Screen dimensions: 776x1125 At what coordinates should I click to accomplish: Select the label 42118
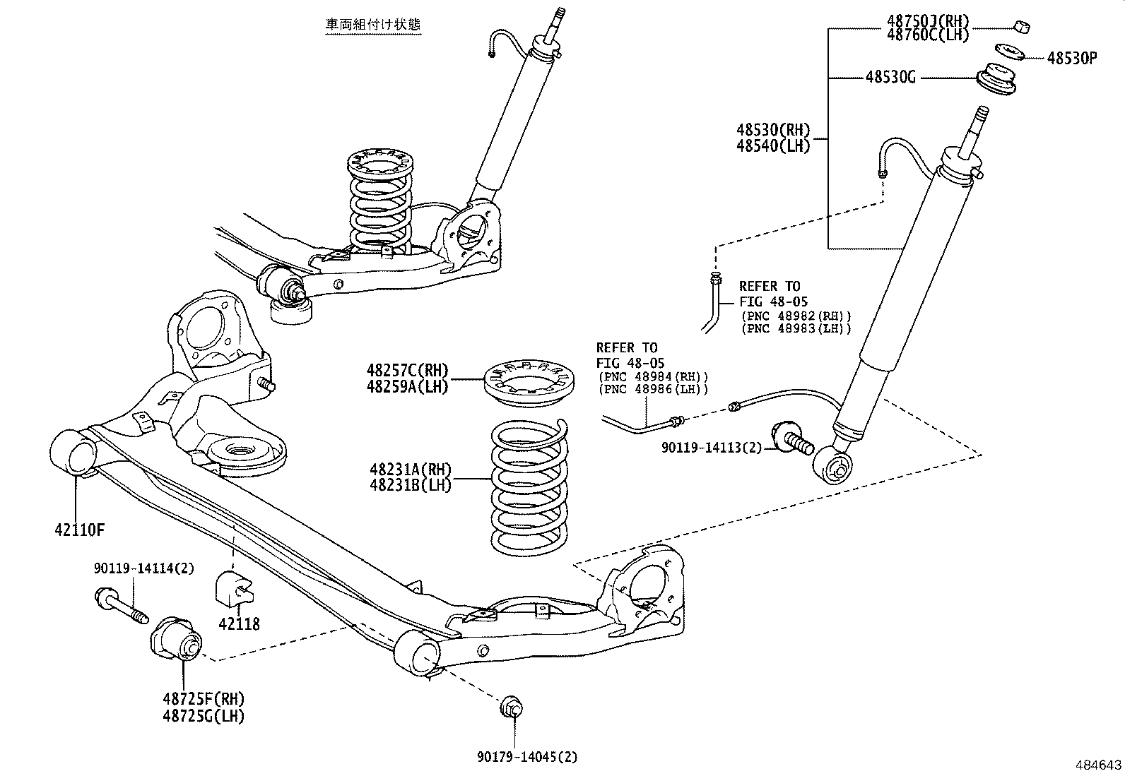click(239, 623)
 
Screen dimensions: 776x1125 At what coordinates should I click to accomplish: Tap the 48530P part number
click(1071, 59)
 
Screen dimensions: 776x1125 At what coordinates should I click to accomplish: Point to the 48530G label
click(890, 77)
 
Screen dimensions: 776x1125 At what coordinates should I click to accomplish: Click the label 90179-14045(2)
click(526, 757)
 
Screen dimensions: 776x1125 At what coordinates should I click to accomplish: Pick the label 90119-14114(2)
click(143, 568)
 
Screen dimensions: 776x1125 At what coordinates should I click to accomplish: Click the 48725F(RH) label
click(203, 699)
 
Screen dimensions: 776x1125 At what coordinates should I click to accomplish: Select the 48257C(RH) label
click(407, 370)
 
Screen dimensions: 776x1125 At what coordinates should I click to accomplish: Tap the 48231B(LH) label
click(410, 485)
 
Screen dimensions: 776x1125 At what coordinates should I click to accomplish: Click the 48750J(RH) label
click(928, 20)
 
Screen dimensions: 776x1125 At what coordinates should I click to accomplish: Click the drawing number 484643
click(1098, 765)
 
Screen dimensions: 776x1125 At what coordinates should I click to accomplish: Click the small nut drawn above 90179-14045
click(510, 708)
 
